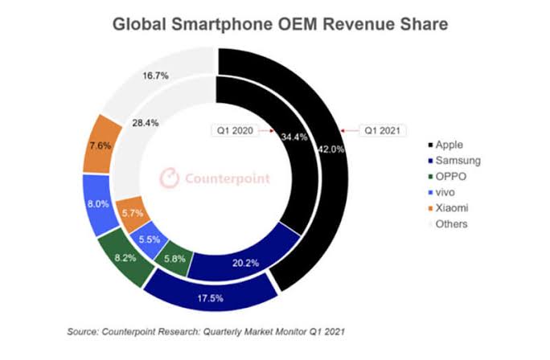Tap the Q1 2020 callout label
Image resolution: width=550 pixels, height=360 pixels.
[x=232, y=129]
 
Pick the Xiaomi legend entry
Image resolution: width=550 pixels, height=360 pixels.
[x=451, y=208]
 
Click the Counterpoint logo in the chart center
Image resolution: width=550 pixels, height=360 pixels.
[x=214, y=178]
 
